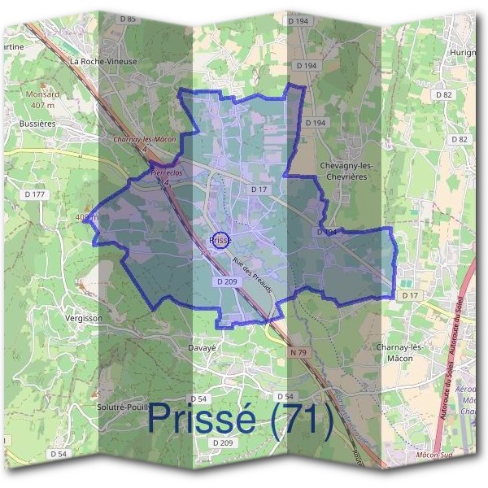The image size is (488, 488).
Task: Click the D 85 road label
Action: pos(127,18)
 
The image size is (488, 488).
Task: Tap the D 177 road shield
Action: pos(35,194)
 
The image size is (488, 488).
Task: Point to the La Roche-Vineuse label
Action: pos(102,61)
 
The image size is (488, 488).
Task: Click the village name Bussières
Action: pos(36,124)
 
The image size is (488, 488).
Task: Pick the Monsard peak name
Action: pos(42,94)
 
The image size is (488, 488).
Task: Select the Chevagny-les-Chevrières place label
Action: pos(346,169)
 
